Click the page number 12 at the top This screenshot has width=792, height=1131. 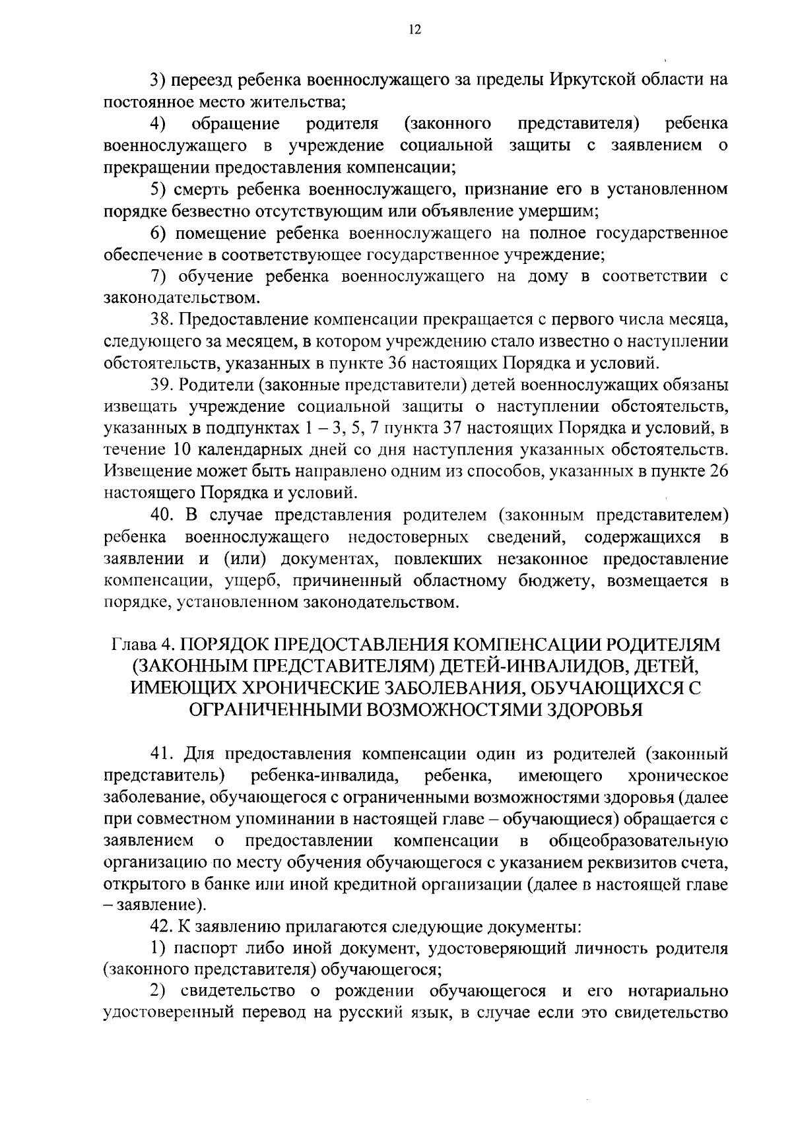click(x=414, y=30)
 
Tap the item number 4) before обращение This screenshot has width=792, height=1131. click(x=157, y=123)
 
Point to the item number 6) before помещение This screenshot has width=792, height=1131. click(x=157, y=233)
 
